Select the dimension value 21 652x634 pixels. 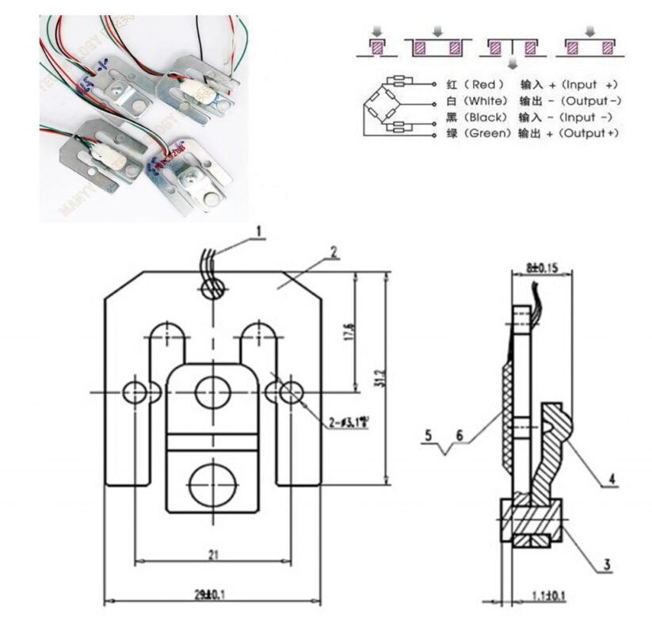[x=212, y=556]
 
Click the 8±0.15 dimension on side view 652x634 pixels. [x=539, y=269]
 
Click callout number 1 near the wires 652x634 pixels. [x=257, y=232]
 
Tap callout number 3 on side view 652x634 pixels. [x=605, y=564]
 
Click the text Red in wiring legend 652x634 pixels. [x=482, y=84]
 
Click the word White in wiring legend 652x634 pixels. [x=486, y=101]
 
